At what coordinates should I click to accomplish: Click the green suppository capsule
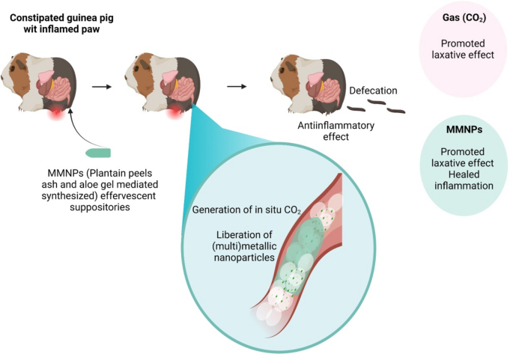tap(98, 153)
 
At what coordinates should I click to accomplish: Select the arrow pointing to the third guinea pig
tap(237, 85)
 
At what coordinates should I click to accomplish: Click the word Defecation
tap(373, 91)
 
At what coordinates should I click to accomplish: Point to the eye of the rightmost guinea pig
tap(285, 69)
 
